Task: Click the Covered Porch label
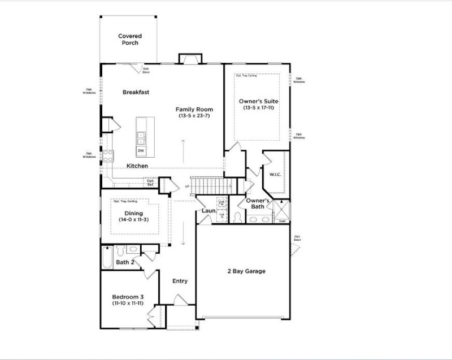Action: click(130, 39)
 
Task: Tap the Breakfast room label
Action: click(136, 92)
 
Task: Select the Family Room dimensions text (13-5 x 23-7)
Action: click(192, 116)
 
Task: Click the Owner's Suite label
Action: click(258, 101)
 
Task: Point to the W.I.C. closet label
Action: click(275, 174)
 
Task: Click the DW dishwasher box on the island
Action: click(141, 151)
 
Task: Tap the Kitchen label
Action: click(137, 166)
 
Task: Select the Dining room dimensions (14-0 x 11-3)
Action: click(133, 219)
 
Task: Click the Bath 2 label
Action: click(125, 262)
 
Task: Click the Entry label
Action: click(180, 281)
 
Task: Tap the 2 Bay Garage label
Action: click(242, 271)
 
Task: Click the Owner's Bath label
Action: click(257, 203)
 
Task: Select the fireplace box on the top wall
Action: click(189, 59)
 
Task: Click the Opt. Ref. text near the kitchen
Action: click(150, 183)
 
